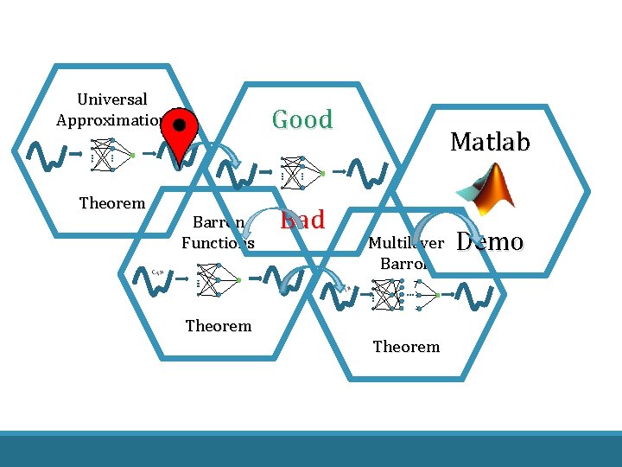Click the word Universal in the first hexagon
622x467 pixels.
(112, 100)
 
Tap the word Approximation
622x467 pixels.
(109, 120)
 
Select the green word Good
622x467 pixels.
(302, 119)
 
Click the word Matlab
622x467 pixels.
(490, 142)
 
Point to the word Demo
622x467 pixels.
(489, 241)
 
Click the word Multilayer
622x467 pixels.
(406, 243)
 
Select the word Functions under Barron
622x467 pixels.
(218, 243)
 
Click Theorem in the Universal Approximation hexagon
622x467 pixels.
(112, 203)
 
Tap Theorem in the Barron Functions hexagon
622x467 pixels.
(219, 326)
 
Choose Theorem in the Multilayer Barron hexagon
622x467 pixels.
(406, 347)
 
